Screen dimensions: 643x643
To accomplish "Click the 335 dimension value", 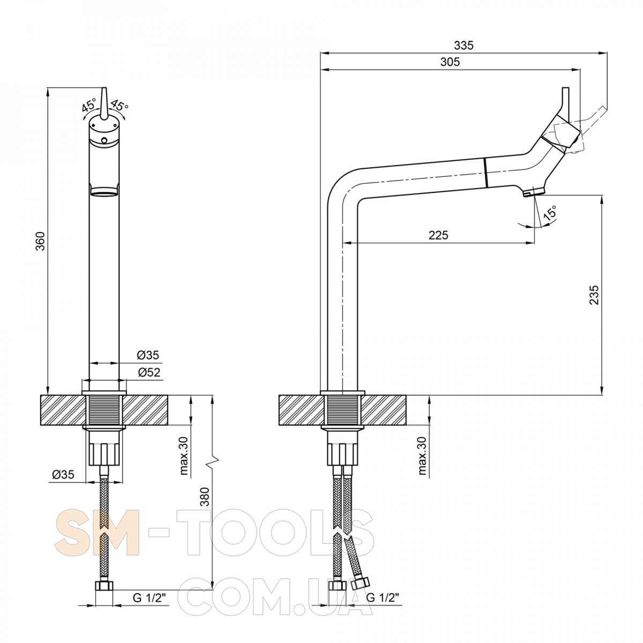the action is point(463,45).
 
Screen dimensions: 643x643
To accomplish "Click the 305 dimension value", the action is point(450,62).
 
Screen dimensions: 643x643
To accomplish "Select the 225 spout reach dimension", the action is point(438,235).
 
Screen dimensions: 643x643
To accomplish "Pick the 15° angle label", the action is point(550,212).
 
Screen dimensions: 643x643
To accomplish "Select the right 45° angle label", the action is point(119,105).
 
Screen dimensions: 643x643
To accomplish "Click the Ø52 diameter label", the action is point(149,372).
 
